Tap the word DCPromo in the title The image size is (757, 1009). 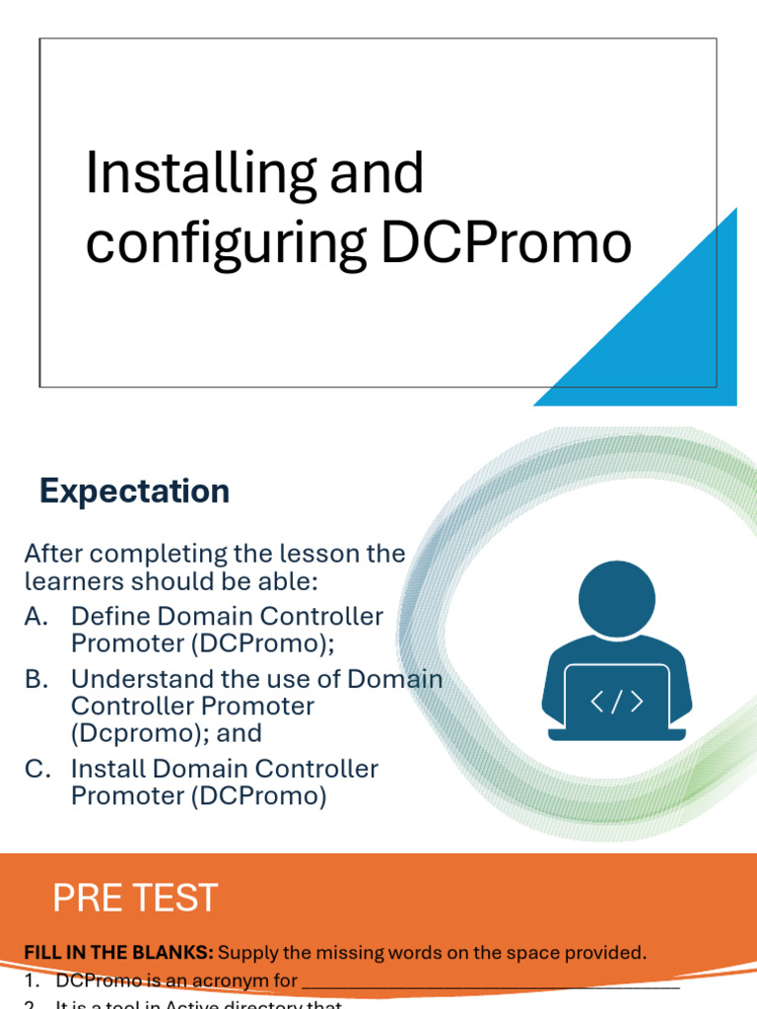click(507, 243)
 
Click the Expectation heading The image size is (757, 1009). click(134, 491)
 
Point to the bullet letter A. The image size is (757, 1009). click(36, 617)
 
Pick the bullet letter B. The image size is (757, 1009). click(36, 679)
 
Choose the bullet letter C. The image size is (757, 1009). click(37, 769)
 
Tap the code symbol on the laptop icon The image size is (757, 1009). click(616, 702)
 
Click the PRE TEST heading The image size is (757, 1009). click(135, 898)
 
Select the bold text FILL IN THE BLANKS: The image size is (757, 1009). click(118, 952)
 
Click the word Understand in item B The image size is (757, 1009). click(132, 679)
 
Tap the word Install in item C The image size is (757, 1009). click(108, 769)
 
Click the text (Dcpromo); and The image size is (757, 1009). click(166, 733)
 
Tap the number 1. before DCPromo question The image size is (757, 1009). click(33, 980)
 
